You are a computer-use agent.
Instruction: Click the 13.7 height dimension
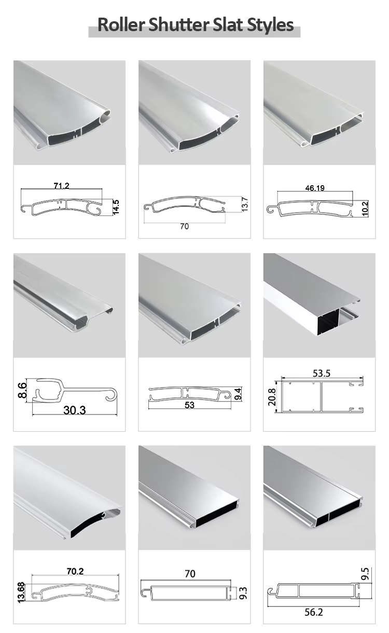[244, 204]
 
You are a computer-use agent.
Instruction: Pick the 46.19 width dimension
[315, 188]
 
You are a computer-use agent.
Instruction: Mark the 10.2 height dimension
[366, 208]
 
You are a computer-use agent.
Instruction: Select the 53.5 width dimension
[322, 373]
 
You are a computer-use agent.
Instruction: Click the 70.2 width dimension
[75, 571]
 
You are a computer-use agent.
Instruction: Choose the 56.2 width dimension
[314, 612]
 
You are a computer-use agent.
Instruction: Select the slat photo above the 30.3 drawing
[69, 305]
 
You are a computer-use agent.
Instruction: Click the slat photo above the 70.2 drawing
[69, 497]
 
